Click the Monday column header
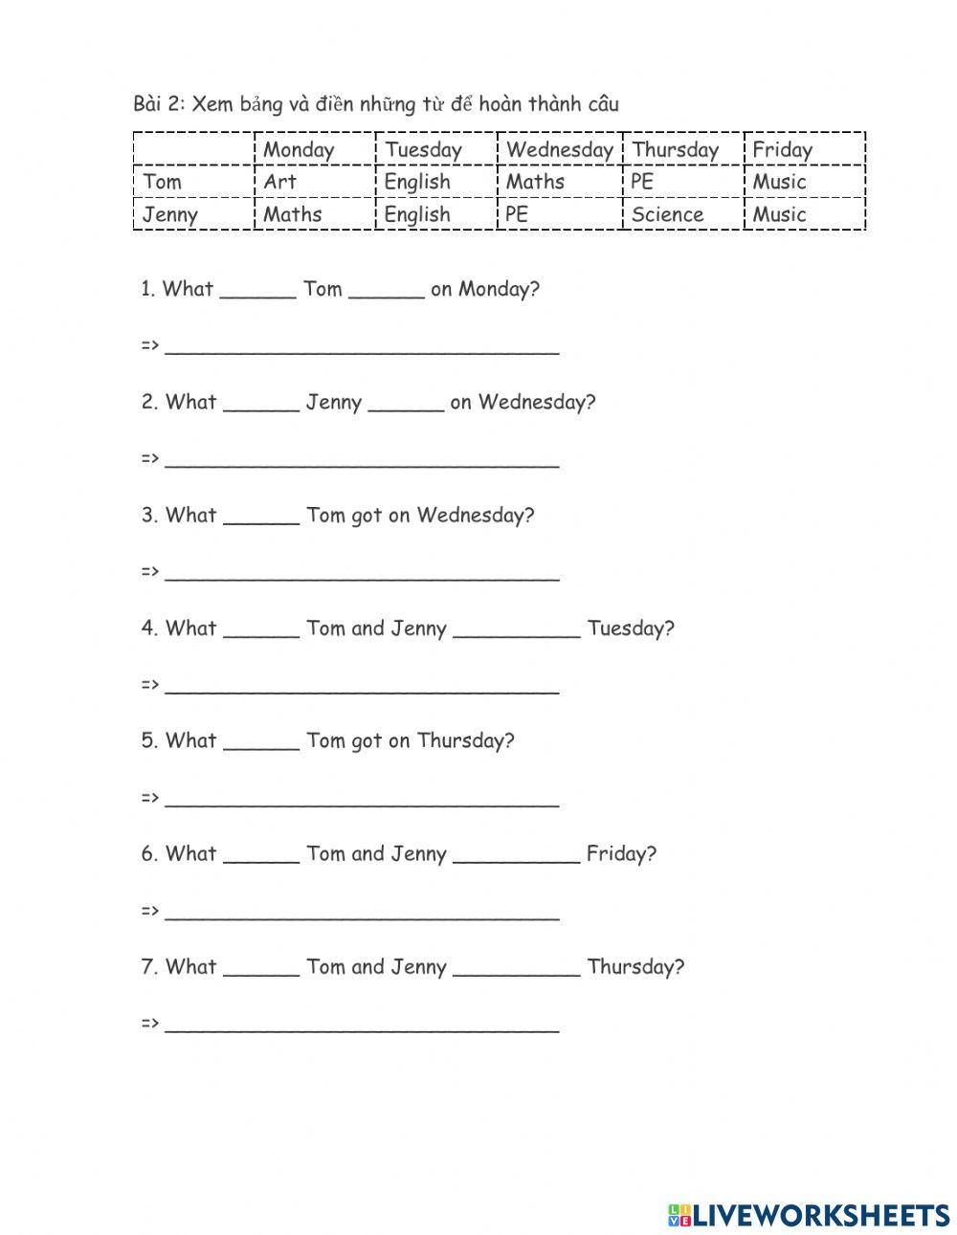click(299, 149)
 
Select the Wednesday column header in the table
click(559, 149)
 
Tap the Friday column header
click(782, 149)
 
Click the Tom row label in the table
click(162, 182)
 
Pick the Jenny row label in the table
click(169, 214)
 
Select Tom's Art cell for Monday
click(279, 182)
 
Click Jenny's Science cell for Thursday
click(667, 214)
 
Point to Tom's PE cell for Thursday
click(642, 182)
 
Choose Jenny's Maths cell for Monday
click(292, 214)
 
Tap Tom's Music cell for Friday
click(779, 182)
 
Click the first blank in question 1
click(257, 294)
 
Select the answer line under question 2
click(362, 465)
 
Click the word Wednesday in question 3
click(475, 515)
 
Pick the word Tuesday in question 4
click(630, 629)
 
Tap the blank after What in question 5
click(261, 746)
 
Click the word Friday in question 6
click(621, 853)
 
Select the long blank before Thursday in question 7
click(516, 972)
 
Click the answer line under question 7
click(362, 1029)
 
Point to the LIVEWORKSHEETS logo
click(809, 1215)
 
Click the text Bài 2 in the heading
click(158, 104)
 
